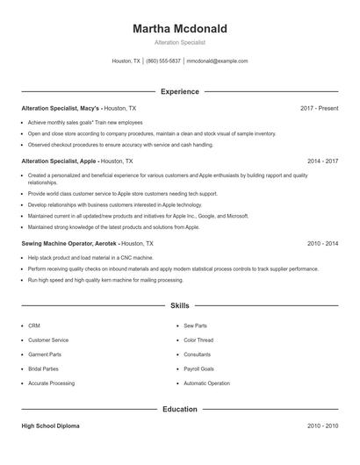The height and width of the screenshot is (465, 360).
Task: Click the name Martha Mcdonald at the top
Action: (x=179, y=29)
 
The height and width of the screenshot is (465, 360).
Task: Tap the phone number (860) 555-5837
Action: (x=163, y=61)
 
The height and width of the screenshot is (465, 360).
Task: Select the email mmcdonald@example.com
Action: (x=218, y=61)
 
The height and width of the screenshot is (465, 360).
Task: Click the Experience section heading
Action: (x=179, y=91)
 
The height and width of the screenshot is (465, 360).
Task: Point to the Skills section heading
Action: (x=179, y=305)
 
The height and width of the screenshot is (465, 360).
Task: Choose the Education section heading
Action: (x=179, y=408)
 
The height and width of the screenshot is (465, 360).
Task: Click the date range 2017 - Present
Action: (x=319, y=108)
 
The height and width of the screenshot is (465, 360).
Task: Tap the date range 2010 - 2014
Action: (x=322, y=243)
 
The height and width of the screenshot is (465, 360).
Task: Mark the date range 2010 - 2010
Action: (x=322, y=426)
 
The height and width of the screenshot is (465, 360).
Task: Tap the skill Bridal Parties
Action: (x=45, y=368)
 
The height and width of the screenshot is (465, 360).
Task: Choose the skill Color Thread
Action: (x=199, y=340)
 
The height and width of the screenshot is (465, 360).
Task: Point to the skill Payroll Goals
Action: (x=198, y=368)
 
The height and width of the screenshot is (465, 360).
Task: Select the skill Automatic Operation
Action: (x=206, y=383)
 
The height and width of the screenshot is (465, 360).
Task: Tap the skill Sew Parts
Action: (x=196, y=325)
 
